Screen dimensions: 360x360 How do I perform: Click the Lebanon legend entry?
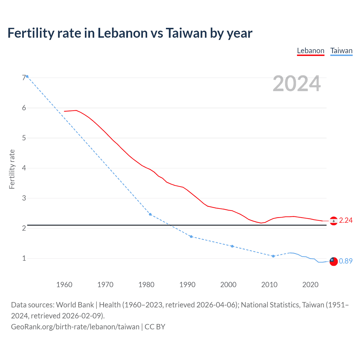310,51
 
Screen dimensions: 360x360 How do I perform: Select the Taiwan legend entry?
341,51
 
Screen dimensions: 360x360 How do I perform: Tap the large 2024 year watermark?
296,84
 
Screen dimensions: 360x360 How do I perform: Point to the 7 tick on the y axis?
24,78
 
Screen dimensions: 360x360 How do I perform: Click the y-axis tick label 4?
24,168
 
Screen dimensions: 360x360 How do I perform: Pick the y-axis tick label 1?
24,258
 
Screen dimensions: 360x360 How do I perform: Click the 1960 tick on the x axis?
64,285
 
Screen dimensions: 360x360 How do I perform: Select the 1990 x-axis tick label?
187,285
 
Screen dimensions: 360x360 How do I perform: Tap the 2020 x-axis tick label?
310,285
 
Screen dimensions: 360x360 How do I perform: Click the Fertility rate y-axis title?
12,169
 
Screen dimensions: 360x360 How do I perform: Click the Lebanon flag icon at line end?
334,221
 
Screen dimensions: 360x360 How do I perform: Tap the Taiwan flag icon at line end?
334,261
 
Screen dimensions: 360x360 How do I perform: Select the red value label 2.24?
346,220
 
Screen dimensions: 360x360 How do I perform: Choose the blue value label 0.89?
346,261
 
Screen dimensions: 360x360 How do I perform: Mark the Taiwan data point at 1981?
150,214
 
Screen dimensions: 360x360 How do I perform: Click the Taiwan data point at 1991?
191,237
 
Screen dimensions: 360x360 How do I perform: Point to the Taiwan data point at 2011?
273,256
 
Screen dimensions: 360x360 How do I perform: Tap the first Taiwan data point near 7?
27,76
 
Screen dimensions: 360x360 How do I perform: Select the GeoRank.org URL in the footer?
75,327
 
